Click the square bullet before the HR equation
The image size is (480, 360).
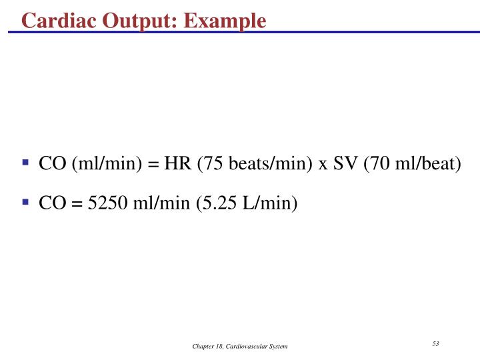point(26,162)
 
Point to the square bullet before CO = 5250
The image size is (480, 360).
point(26,201)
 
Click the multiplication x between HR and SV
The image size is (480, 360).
point(323,164)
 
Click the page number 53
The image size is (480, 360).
point(435,343)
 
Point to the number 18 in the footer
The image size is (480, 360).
point(219,347)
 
